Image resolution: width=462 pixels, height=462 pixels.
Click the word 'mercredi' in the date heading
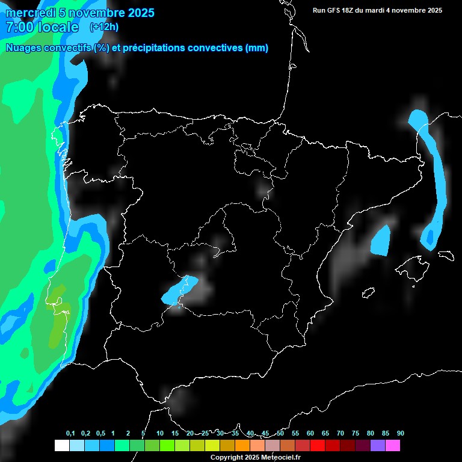click(x=30, y=13)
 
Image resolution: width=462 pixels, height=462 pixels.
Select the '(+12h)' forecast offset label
click(x=104, y=26)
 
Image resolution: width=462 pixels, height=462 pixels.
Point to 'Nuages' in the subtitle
click(x=25, y=48)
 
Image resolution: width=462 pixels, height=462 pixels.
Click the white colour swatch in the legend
click(x=61, y=445)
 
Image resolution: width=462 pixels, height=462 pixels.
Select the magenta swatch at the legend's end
click(x=393, y=445)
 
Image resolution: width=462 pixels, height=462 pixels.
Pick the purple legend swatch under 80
click(x=378, y=445)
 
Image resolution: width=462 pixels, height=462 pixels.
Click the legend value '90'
click(x=400, y=434)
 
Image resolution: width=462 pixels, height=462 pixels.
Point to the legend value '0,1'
click(x=70, y=434)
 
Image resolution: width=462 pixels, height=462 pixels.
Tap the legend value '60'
click(x=310, y=434)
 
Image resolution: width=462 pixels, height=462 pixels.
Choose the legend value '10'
click(x=159, y=434)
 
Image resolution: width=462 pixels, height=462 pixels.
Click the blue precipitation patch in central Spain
click(x=179, y=290)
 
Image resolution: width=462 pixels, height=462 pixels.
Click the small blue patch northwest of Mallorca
click(x=381, y=241)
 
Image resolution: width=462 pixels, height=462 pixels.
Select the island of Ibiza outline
click(x=369, y=293)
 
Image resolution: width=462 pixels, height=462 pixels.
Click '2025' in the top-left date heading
click(x=140, y=13)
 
